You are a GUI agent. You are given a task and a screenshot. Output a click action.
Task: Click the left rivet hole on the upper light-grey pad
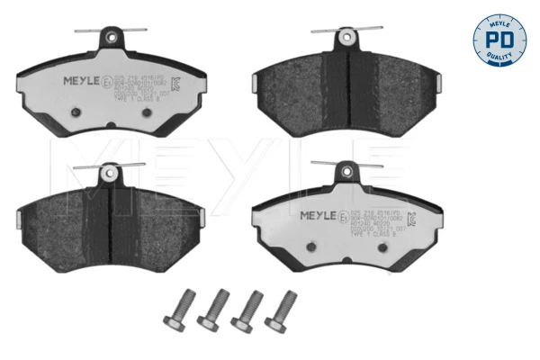(x=76, y=112)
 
